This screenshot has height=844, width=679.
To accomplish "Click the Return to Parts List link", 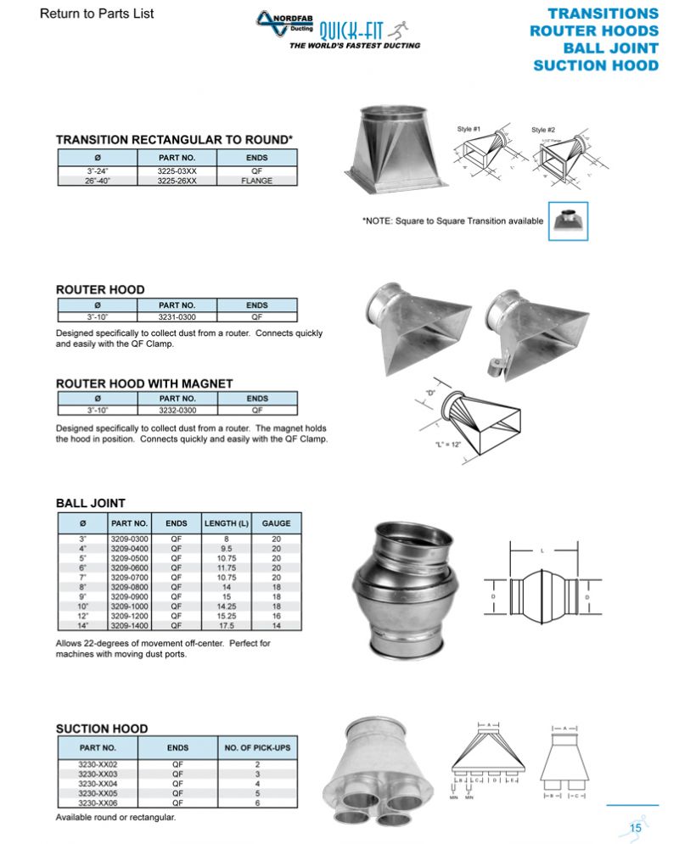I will (x=97, y=14).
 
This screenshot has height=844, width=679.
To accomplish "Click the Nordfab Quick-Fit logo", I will (x=339, y=32).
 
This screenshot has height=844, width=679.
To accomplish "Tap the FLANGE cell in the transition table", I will (x=256, y=181).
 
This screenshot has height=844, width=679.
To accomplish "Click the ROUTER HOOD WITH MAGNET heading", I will (x=144, y=383).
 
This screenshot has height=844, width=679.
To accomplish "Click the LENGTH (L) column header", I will (x=226, y=523).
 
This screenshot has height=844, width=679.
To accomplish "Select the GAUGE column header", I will (x=276, y=523).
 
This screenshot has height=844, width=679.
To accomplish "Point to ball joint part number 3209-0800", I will (x=130, y=585).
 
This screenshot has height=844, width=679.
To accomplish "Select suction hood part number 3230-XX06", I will (x=98, y=802).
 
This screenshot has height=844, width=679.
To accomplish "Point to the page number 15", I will (x=635, y=828).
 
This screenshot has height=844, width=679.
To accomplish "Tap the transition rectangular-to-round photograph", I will (x=395, y=149).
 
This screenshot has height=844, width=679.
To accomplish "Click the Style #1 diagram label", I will (x=469, y=129).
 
